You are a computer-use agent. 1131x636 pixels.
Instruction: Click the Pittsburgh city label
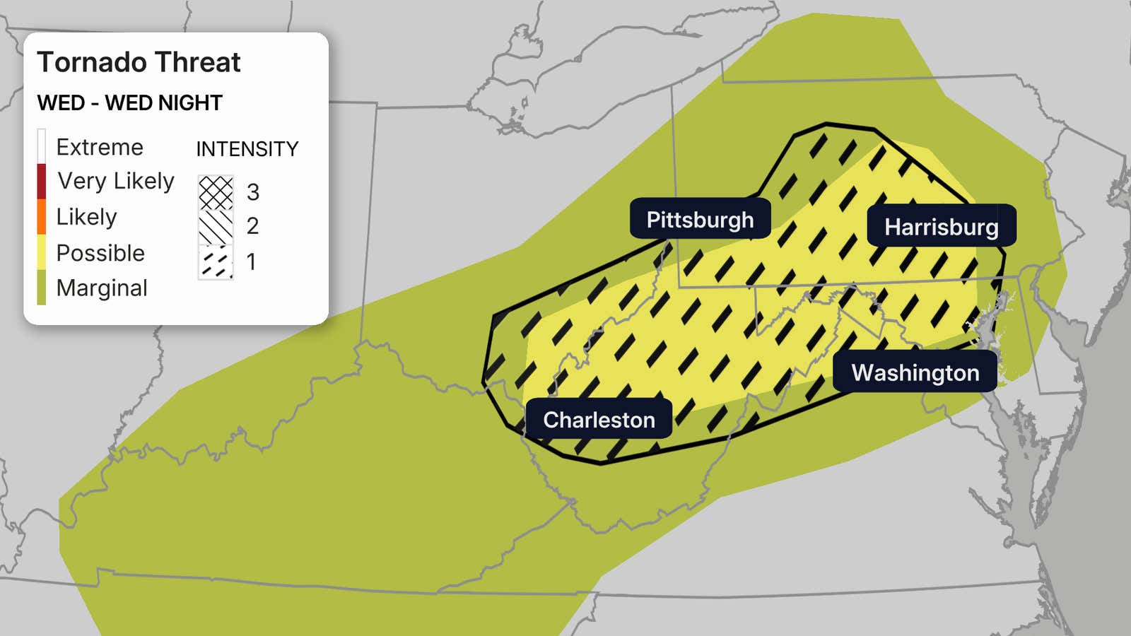(x=700, y=220)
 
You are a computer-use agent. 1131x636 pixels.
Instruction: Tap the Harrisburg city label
(x=941, y=227)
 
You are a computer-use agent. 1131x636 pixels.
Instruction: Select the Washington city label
(x=915, y=372)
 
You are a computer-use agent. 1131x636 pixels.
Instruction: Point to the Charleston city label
(x=599, y=420)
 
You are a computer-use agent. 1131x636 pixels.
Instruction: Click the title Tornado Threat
(x=139, y=62)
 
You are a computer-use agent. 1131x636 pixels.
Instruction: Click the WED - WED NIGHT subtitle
(x=129, y=103)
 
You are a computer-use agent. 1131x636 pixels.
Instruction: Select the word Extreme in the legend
(x=100, y=147)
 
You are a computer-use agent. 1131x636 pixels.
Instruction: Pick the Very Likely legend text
(x=116, y=181)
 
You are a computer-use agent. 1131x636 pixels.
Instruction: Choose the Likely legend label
(x=86, y=216)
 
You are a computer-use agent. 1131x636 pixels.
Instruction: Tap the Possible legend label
(x=100, y=253)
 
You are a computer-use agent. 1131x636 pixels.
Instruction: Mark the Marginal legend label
(x=102, y=288)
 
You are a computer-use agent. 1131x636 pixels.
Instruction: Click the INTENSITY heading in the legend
(x=247, y=149)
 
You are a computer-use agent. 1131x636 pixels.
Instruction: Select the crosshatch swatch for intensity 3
(x=216, y=192)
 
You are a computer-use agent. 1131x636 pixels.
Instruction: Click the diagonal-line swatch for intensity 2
(x=216, y=227)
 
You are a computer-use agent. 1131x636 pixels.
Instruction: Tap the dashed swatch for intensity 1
(x=216, y=262)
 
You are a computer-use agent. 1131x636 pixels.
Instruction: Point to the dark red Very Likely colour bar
(x=42, y=181)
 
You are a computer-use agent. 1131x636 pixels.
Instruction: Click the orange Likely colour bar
(x=42, y=216)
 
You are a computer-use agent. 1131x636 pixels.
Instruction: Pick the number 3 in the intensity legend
(x=252, y=192)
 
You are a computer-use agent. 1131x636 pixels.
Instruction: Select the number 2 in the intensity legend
(x=252, y=226)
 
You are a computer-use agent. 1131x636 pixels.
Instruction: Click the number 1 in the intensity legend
(x=251, y=262)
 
